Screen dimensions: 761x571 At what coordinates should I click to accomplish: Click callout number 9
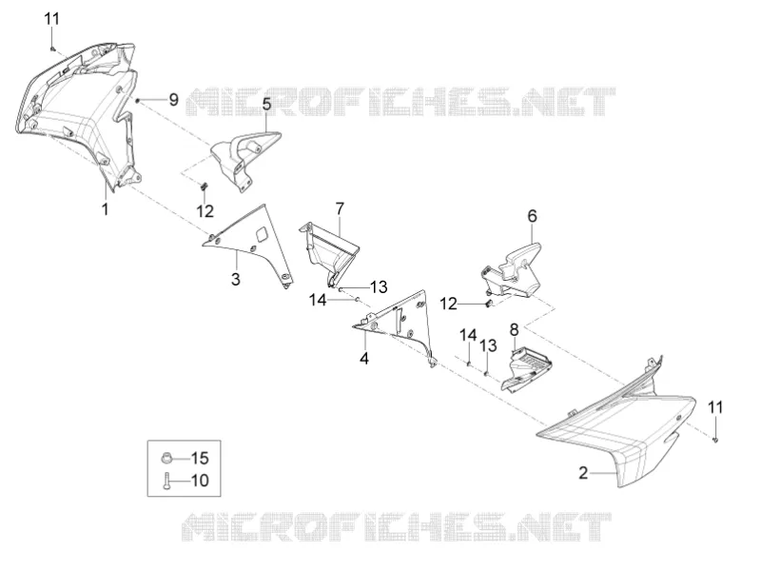click(x=174, y=100)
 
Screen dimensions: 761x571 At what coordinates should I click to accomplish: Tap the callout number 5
click(x=266, y=104)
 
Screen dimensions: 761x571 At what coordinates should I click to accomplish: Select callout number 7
click(x=340, y=208)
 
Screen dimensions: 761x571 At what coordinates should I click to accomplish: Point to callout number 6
click(x=533, y=216)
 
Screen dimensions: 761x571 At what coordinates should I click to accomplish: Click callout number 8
click(x=514, y=329)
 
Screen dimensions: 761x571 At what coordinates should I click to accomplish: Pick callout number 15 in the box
click(x=200, y=458)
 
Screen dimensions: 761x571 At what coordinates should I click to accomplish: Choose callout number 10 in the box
click(x=200, y=481)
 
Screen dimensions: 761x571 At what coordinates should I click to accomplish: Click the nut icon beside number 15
click(x=166, y=458)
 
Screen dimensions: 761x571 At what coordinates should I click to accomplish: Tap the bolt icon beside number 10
click(x=167, y=481)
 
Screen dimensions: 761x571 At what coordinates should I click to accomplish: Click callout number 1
click(x=105, y=209)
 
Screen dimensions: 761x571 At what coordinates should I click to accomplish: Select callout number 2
click(x=583, y=472)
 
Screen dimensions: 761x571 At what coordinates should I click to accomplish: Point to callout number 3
click(x=235, y=279)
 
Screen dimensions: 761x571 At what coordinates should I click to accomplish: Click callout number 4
click(x=364, y=359)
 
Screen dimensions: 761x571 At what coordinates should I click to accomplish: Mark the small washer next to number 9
click(x=138, y=101)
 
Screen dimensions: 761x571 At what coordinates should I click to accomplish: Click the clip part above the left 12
click(x=205, y=187)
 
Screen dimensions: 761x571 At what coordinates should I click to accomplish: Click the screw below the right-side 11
click(x=715, y=440)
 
